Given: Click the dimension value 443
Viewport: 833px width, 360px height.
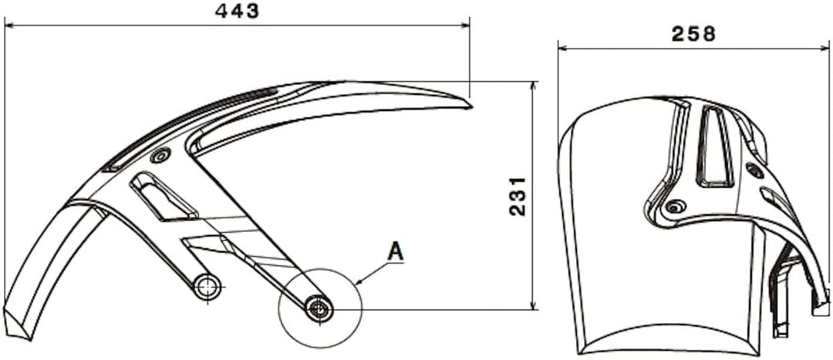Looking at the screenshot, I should click(238, 11).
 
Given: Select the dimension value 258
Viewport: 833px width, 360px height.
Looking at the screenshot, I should click(693, 33).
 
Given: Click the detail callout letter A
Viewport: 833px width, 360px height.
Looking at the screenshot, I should click(396, 251).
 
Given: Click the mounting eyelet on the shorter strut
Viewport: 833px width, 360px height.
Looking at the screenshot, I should click(206, 288).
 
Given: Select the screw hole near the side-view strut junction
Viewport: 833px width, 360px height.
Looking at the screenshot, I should click(160, 156).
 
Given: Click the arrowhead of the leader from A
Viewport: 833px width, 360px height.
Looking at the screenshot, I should click(359, 285).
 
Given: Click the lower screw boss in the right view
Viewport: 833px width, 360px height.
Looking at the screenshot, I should click(676, 206).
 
